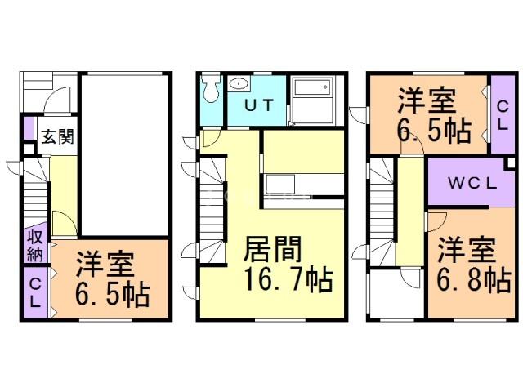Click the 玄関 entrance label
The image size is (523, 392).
pos(57,136)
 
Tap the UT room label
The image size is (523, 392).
pos(259,105)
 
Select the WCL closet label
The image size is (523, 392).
pos(472,183)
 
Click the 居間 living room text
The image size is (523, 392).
pos(272,248)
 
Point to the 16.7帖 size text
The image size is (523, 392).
pos(288,279)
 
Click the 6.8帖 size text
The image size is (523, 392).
pos(474,280)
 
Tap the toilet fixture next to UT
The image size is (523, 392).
pos(212,88)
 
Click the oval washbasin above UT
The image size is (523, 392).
pos(239,83)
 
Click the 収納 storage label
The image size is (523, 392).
pos(35,246)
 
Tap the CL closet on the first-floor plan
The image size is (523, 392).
pos(35,292)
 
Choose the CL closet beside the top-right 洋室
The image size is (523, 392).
pos(503,115)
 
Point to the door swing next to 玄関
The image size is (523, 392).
pos(58,100)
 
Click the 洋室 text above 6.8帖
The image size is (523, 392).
pos(467,249)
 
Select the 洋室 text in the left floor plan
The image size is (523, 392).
pos(105,265)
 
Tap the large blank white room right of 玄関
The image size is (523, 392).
pos(125,155)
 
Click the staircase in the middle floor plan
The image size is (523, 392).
pos(212,211)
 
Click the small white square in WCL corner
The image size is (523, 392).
pos(510,163)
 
